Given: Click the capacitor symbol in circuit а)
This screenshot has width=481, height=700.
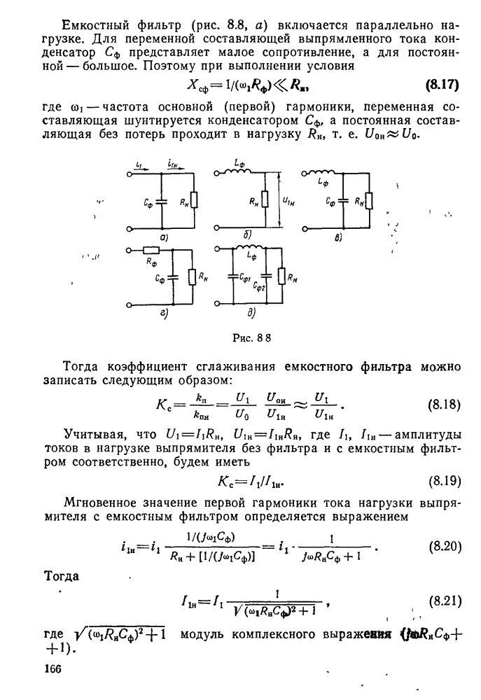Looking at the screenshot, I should (162, 203).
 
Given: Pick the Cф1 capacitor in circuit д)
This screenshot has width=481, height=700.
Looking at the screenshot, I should (232, 278).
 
